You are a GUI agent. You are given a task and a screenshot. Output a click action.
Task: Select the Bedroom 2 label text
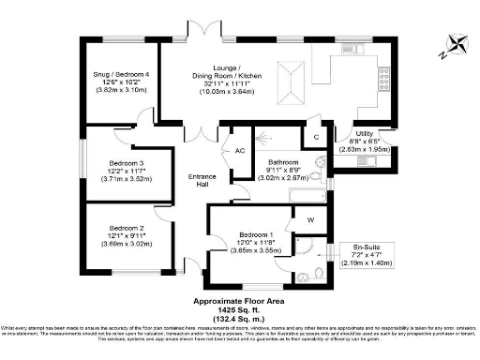tap(126, 227)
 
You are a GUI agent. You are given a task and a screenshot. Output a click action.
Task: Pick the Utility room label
tap(364, 134)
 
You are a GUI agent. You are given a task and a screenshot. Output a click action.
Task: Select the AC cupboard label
tap(239, 150)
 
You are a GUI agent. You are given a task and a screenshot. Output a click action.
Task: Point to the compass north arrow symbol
tap(457, 41)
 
